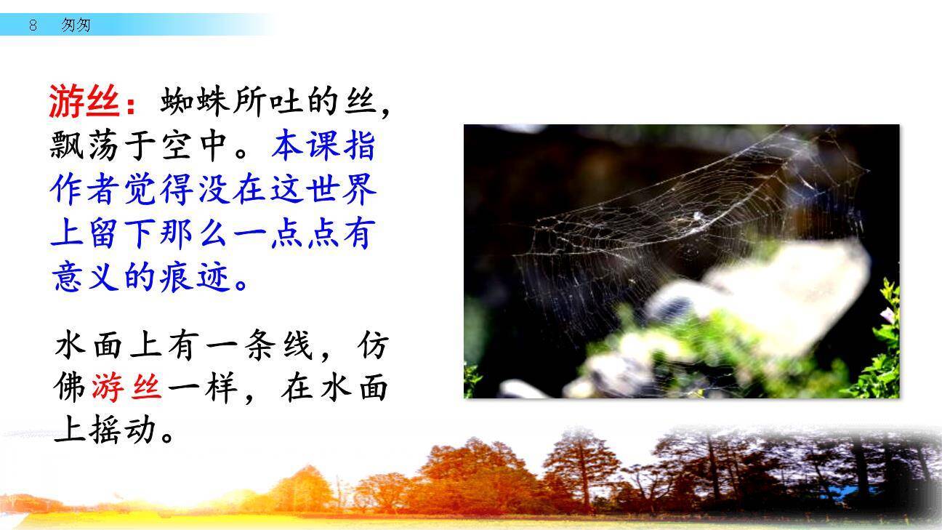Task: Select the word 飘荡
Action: pyautogui.click(x=86, y=146)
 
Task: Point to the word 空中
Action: pyautogui.click(x=195, y=146)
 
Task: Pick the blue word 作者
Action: pyautogui.click(x=86, y=190)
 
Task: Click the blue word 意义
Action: pyautogui.click(x=86, y=277)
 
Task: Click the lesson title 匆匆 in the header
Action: pyautogui.click(x=76, y=25)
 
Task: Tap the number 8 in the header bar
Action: pyautogui.click(x=33, y=25)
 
